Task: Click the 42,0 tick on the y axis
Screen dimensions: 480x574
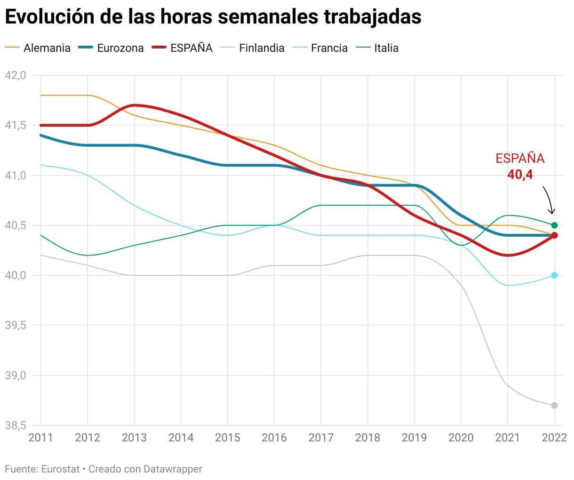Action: (15, 75)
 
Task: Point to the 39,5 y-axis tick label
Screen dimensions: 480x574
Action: (15, 326)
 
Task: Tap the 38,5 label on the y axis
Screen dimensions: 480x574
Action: (15, 426)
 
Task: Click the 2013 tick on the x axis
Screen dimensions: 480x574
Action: (134, 438)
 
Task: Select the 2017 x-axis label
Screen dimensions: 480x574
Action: (321, 438)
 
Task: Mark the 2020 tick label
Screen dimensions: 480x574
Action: (461, 438)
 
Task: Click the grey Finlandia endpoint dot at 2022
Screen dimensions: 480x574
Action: (554, 405)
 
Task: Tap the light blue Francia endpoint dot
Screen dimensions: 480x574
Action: (554, 275)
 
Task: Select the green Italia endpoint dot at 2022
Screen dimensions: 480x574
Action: (554, 225)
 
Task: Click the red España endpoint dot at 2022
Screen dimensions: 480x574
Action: (554, 235)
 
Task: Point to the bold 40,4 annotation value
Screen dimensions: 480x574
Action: (520, 175)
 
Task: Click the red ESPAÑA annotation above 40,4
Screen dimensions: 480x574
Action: (520, 159)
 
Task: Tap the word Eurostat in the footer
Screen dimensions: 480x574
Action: (60, 469)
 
